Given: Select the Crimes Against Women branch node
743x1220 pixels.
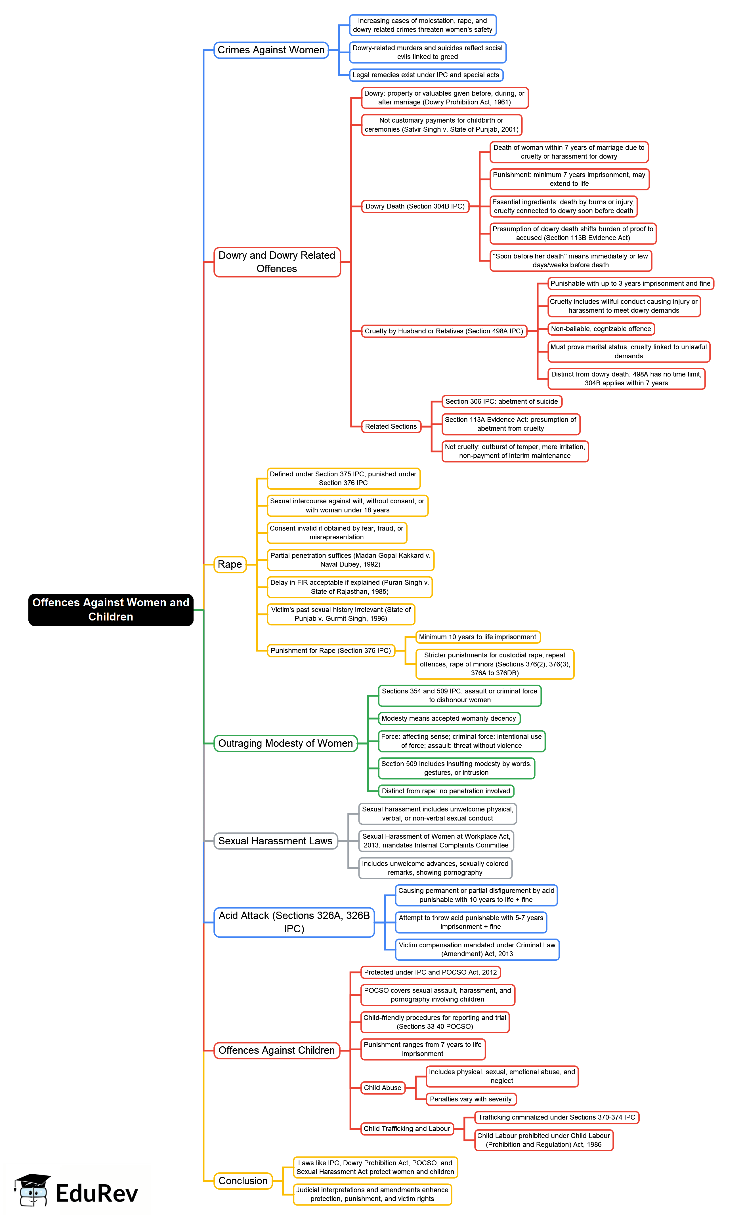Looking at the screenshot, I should point(271,50).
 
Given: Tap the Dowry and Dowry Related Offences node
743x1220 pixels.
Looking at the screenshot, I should point(277,262).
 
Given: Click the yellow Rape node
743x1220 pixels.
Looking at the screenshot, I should point(230,564).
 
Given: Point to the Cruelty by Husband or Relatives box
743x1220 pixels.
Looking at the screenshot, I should point(444,331).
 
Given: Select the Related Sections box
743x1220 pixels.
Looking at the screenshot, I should point(391,426).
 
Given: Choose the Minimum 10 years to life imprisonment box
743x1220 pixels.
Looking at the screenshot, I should point(478,637).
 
